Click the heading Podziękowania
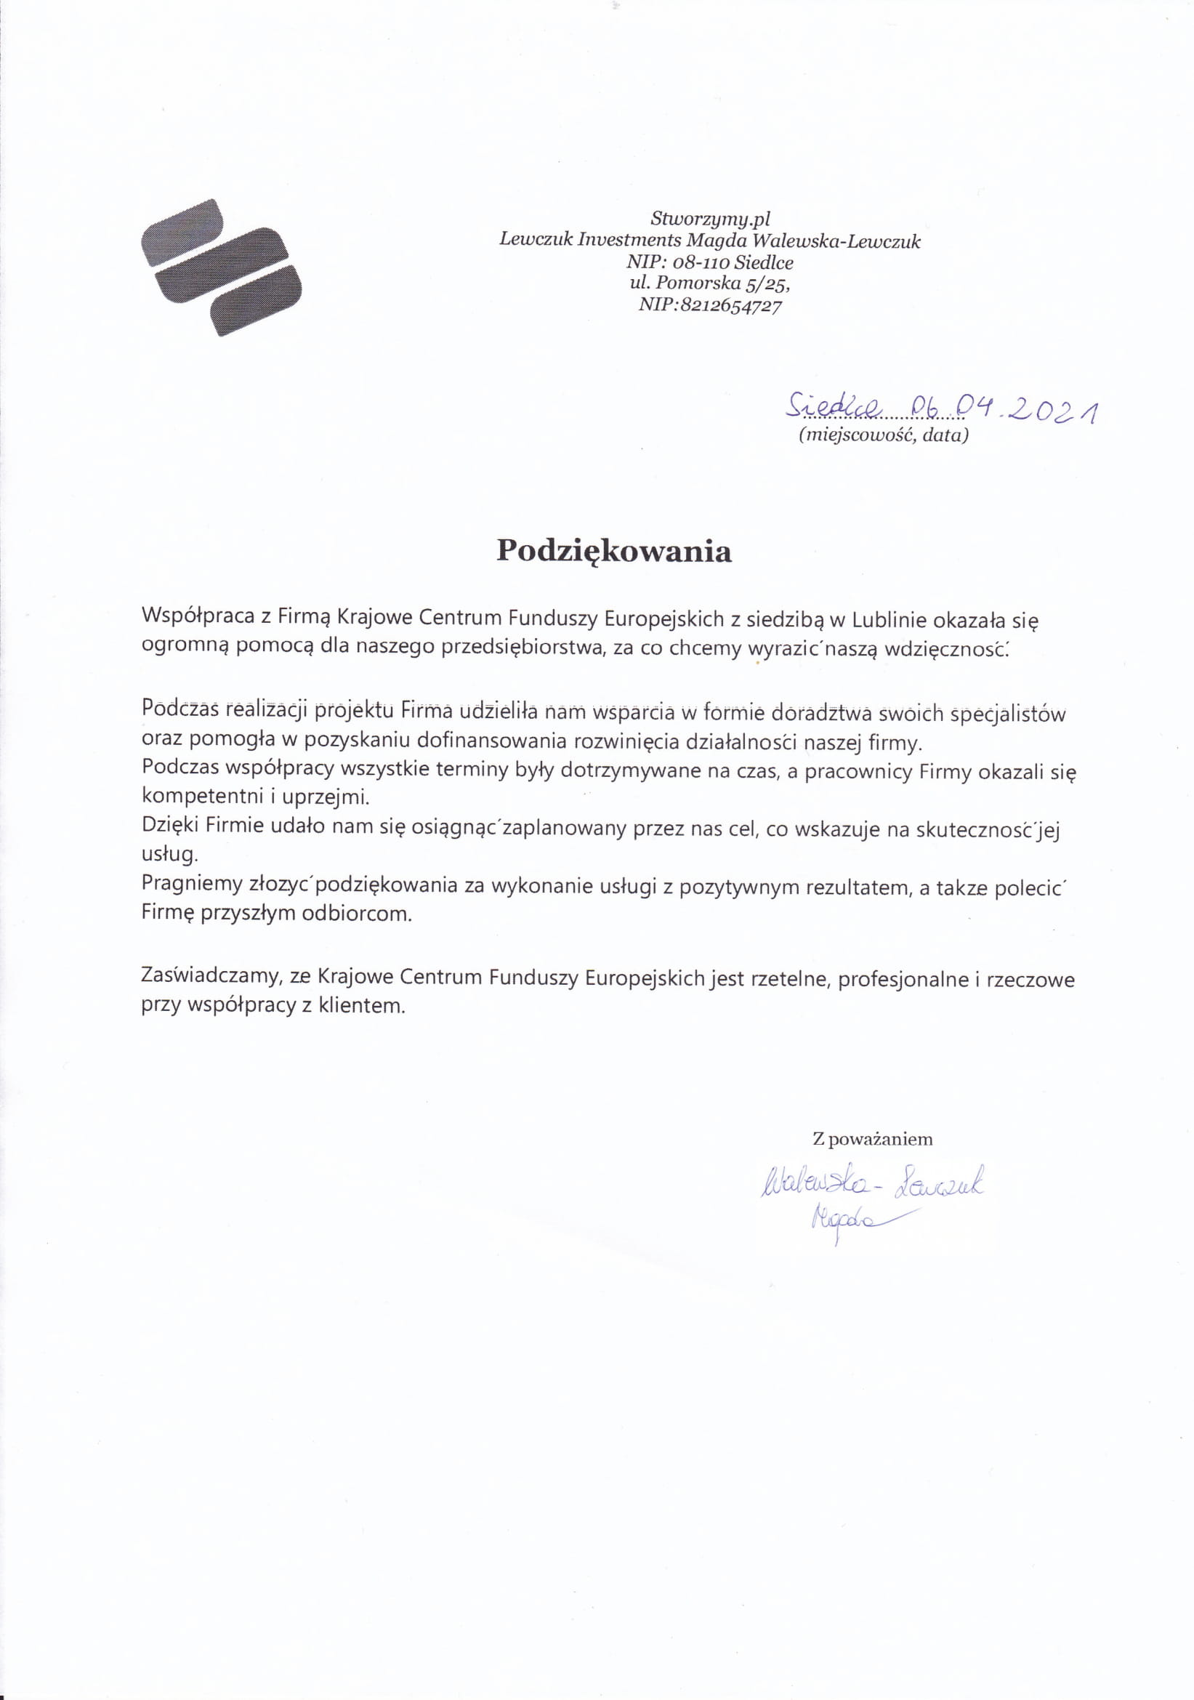click(613, 551)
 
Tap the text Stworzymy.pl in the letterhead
click(710, 219)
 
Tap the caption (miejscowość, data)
click(883, 435)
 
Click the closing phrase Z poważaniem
click(872, 1140)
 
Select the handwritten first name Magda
click(844, 1218)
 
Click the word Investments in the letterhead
click(629, 240)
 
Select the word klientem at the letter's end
click(362, 1005)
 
